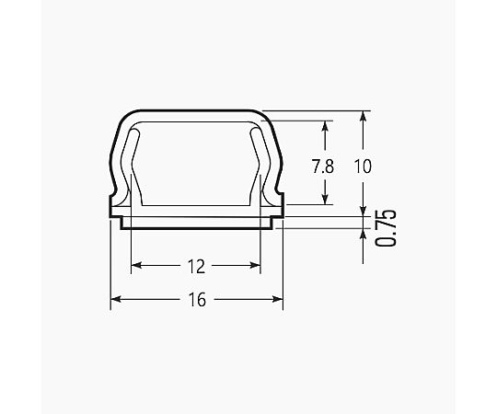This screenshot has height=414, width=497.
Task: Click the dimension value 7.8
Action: tap(323, 167)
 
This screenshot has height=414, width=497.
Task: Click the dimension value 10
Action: tap(363, 167)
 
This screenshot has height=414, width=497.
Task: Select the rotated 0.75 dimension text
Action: tap(386, 228)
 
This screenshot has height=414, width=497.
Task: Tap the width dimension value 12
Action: tap(197, 267)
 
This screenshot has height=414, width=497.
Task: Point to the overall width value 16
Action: tap(197, 300)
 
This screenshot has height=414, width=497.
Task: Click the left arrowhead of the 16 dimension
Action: tap(116, 299)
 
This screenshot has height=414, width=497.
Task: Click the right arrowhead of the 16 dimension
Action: tap(278, 299)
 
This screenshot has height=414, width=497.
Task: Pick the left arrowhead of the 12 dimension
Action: tap(136, 265)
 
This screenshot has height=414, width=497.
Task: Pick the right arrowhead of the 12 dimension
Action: tap(255, 265)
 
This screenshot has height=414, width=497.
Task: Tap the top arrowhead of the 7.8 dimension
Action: tap(324, 126)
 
